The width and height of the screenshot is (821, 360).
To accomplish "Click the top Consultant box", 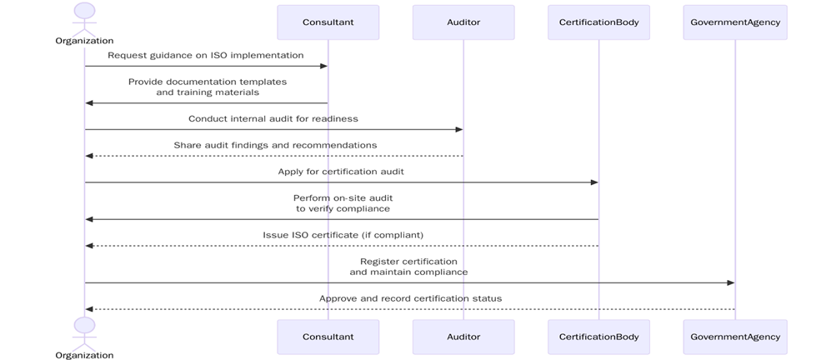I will tap(328, 22).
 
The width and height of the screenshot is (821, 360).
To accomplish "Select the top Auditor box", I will tap(463, 22).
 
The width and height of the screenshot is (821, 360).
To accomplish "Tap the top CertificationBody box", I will tap(598, 22).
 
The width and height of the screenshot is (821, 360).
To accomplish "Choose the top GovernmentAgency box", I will tap(734, 22).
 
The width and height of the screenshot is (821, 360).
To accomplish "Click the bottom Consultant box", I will tap(328, 337).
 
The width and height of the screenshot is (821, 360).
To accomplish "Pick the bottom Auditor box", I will tap(463, 337).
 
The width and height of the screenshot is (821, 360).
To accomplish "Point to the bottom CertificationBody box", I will tap(598, 337).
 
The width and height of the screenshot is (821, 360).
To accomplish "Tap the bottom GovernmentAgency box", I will tap(734, 337).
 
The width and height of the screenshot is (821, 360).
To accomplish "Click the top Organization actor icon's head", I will tap(84, 11).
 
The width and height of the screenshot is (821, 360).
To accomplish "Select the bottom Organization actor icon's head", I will tap(84, 325).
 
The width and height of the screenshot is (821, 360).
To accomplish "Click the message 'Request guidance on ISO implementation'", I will tap(205, 55).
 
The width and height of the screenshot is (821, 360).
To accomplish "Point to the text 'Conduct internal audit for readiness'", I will tap(273, 119).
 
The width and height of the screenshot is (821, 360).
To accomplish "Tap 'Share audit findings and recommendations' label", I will tap(275, 145).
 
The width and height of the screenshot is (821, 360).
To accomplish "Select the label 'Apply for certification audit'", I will tap(341, 172).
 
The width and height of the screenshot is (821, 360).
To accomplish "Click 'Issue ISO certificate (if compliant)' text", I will tap(343, 235).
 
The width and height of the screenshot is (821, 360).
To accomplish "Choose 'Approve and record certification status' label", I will tap(410, 298).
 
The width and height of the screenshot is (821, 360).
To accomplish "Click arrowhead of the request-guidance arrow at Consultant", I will tap(323, 66).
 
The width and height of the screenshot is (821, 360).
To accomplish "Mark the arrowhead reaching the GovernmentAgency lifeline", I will tap(730, 282).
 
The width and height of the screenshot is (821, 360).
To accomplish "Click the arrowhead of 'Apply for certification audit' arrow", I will tap(594, 182).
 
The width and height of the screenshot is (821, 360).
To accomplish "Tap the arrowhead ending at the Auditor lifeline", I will tap(458, 129).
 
